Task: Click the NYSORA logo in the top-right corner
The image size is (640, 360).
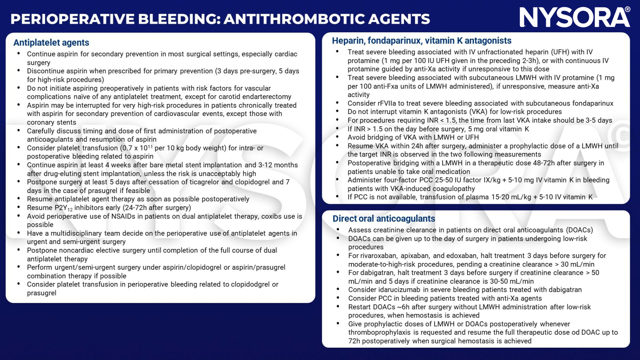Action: tap(575, 18)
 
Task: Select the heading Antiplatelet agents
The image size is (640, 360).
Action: tap(51, 43)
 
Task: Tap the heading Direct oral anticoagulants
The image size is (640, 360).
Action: tap(384, 219)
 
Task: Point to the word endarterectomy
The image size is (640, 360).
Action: tap(269, 97)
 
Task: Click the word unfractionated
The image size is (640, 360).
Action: tap(483, 52)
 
